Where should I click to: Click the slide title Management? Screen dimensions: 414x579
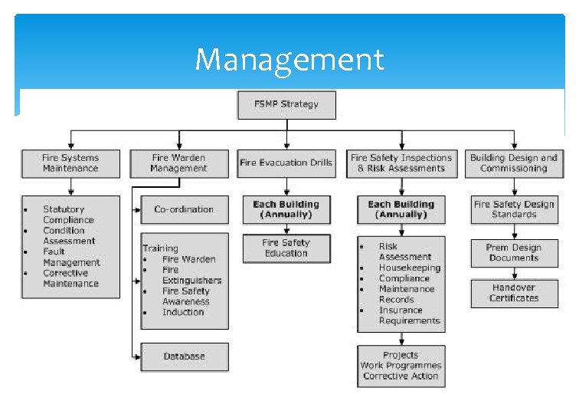(289, 58)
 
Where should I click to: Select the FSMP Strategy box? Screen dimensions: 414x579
(286, 104)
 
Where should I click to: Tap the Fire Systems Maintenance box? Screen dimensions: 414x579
(70, 163)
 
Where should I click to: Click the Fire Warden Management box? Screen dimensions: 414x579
(178, 163)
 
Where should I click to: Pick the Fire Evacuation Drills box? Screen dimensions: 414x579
(286, 163)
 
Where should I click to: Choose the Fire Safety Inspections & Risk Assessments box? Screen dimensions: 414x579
(401, 163)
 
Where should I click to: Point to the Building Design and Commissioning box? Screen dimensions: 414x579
(513, 163)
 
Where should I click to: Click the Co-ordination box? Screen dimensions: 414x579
(184, 209)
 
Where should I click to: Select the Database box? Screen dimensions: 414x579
(184, 356)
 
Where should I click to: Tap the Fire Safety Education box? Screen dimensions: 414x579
(286, 248)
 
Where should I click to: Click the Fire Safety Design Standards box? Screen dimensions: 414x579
(515, 209)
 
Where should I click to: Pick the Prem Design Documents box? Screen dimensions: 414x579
(515, 253)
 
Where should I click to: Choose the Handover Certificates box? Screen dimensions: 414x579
(515, 293)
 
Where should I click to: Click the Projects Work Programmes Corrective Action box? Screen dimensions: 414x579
(401, 366)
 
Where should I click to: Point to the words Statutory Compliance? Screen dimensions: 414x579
(68, 215)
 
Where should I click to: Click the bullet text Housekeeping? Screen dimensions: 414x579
(409, 268)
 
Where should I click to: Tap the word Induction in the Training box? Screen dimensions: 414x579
(183, 312)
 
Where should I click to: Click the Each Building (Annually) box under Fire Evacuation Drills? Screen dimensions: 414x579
(286, 209)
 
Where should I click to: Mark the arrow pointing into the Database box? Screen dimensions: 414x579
(136, 356)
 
